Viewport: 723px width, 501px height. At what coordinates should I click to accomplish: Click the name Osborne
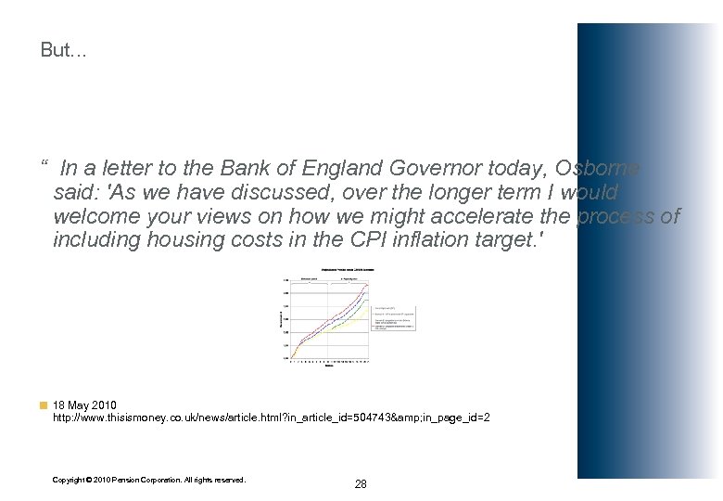(x=598, y=169)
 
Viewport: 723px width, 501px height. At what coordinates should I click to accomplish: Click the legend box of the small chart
(x=394, y=317)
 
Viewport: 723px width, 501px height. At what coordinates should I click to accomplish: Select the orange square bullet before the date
(x=44, y=405)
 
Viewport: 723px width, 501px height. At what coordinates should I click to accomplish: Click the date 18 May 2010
(x=84, y=405)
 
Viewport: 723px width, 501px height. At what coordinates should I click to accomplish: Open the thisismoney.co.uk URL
(x=271, y=418)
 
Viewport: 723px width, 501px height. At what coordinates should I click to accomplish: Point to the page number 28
(x=361, y=484)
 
